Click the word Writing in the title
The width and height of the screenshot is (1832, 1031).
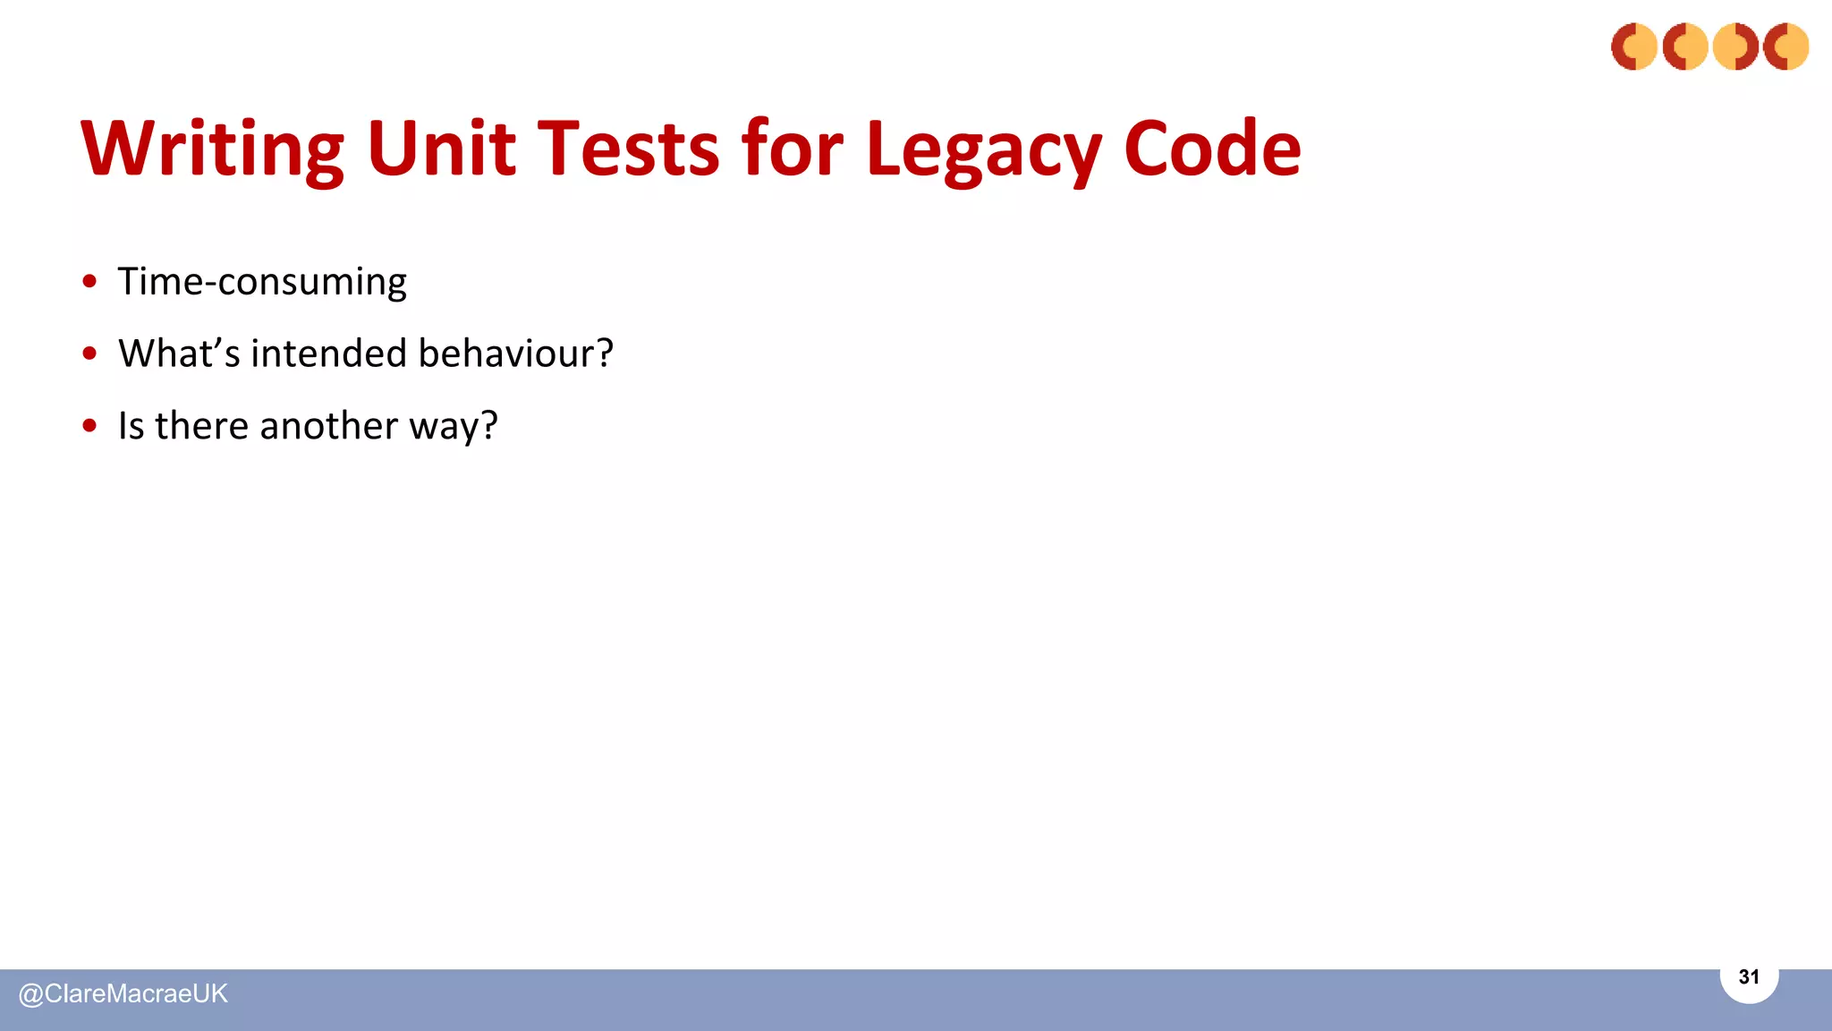click(212, 149)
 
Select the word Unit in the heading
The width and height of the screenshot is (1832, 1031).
click(441, 149)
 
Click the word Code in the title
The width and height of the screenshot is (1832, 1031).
click(1211, 149)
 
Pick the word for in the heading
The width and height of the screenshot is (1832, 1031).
click(792, 149)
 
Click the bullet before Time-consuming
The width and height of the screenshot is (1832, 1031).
click(89, 281)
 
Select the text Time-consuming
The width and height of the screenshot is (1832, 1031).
click(262, 282)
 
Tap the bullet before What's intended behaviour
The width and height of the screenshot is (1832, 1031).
click(89, 354)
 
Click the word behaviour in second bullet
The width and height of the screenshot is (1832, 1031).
click(515, 354)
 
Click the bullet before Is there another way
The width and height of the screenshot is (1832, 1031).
click(89, 425)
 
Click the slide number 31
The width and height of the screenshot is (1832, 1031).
click(1749, 977)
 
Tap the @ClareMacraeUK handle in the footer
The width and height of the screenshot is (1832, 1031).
click(123, 993)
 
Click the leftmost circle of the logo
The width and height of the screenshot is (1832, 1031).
click(1634, 47)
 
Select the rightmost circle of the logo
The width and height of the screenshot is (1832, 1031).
click(1785, 47)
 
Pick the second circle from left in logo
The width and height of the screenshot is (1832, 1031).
click(1685, 47)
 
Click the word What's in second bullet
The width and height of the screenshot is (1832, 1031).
click(179, 354)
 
